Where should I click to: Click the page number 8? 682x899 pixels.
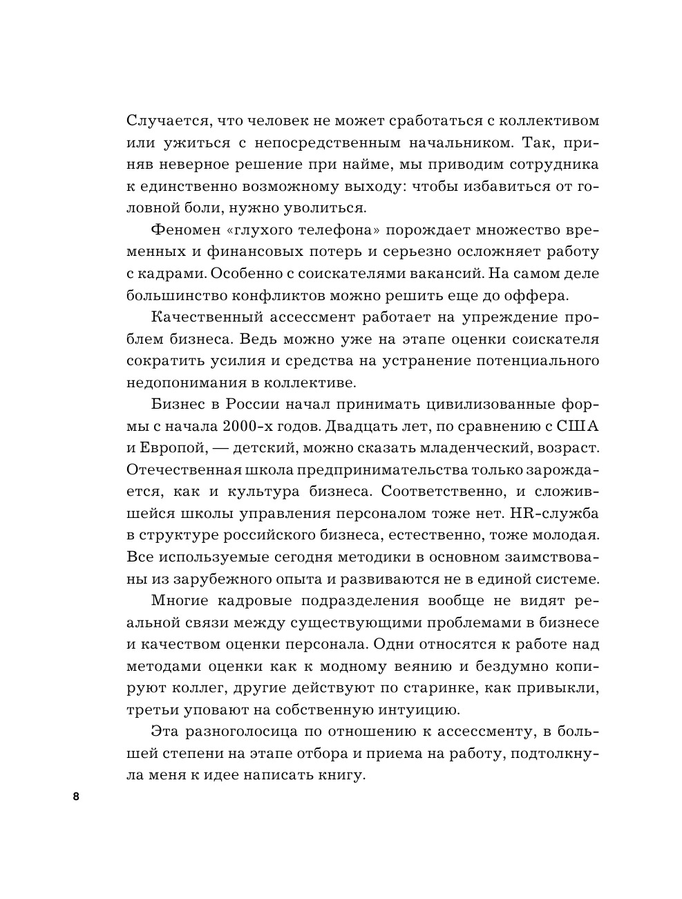[x=76, y=797]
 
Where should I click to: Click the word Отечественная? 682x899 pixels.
[x=184, y=470]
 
